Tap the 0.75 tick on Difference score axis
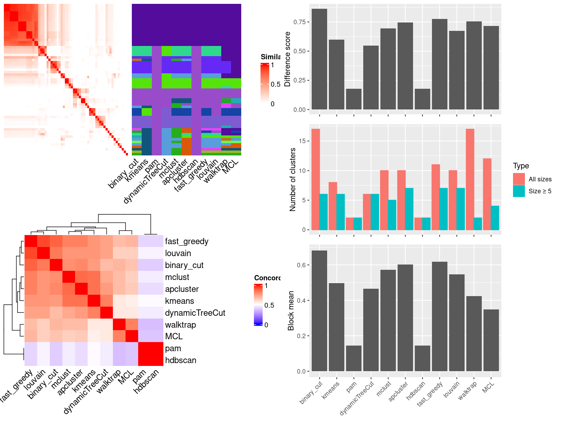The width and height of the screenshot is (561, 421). (x=300, y=22)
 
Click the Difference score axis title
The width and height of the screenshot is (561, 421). (x=288, y=59)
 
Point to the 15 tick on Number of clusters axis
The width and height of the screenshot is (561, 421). (x=302, y=141)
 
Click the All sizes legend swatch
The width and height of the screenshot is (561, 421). (x=519, y=179)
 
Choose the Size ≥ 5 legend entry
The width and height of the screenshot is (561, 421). (x=540, y=191)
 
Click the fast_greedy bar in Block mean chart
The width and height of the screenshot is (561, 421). (x=439, y=316)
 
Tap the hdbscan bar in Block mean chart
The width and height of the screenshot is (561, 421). (x=422, y=358)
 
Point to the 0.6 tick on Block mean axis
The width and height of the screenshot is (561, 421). (x=301, y=265)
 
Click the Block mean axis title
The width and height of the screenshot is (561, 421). (x=291, y=310)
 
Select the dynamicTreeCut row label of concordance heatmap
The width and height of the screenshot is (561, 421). (x=195, y=313)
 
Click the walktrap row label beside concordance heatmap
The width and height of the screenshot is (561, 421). (x=180, y=325)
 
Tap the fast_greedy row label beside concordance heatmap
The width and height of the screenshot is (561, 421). (x=187, y=241)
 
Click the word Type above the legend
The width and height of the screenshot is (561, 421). (x=521, y=166)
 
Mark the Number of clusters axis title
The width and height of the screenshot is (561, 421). (x=293, y=179)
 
